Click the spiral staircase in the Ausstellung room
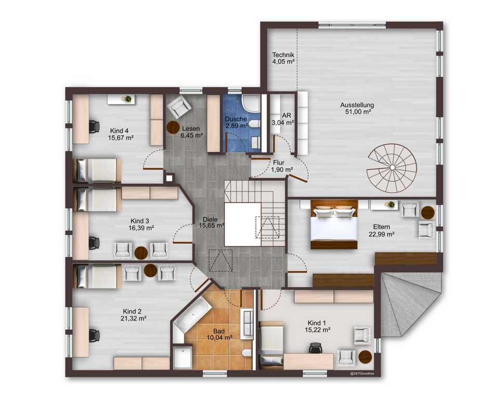click(392, 168)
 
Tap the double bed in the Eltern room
click(334, 224)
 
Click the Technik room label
click(283, 55)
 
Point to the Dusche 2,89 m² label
click(236, 122)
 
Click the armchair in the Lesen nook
click(178, 107)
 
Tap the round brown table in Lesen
click(173, 127)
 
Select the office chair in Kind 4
click(94, 127)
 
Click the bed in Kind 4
click(97, 170)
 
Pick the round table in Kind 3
click(141, 253)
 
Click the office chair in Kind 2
click(94, 336)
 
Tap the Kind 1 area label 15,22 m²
click(318, 330)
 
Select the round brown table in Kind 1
click(365, 357)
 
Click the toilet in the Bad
click(246, 353)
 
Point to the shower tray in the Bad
click(182, 357)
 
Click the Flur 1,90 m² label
click(282, 166)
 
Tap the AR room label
click(286, 115)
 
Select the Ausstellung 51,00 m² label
click(358, 108)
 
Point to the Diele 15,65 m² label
click(211, 222)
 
